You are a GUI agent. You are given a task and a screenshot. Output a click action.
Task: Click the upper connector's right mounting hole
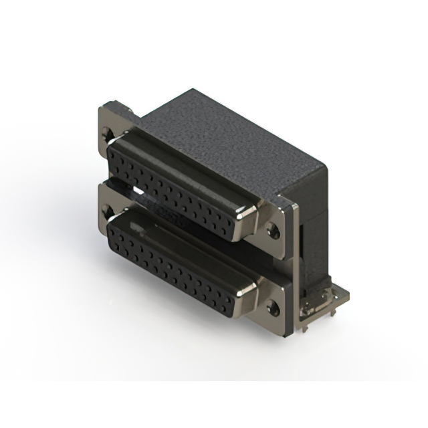272,232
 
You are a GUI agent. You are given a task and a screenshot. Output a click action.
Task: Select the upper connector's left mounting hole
109,136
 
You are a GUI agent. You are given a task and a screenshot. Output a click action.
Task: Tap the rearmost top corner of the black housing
192,90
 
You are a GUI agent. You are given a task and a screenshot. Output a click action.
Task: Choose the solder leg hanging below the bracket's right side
326,320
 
